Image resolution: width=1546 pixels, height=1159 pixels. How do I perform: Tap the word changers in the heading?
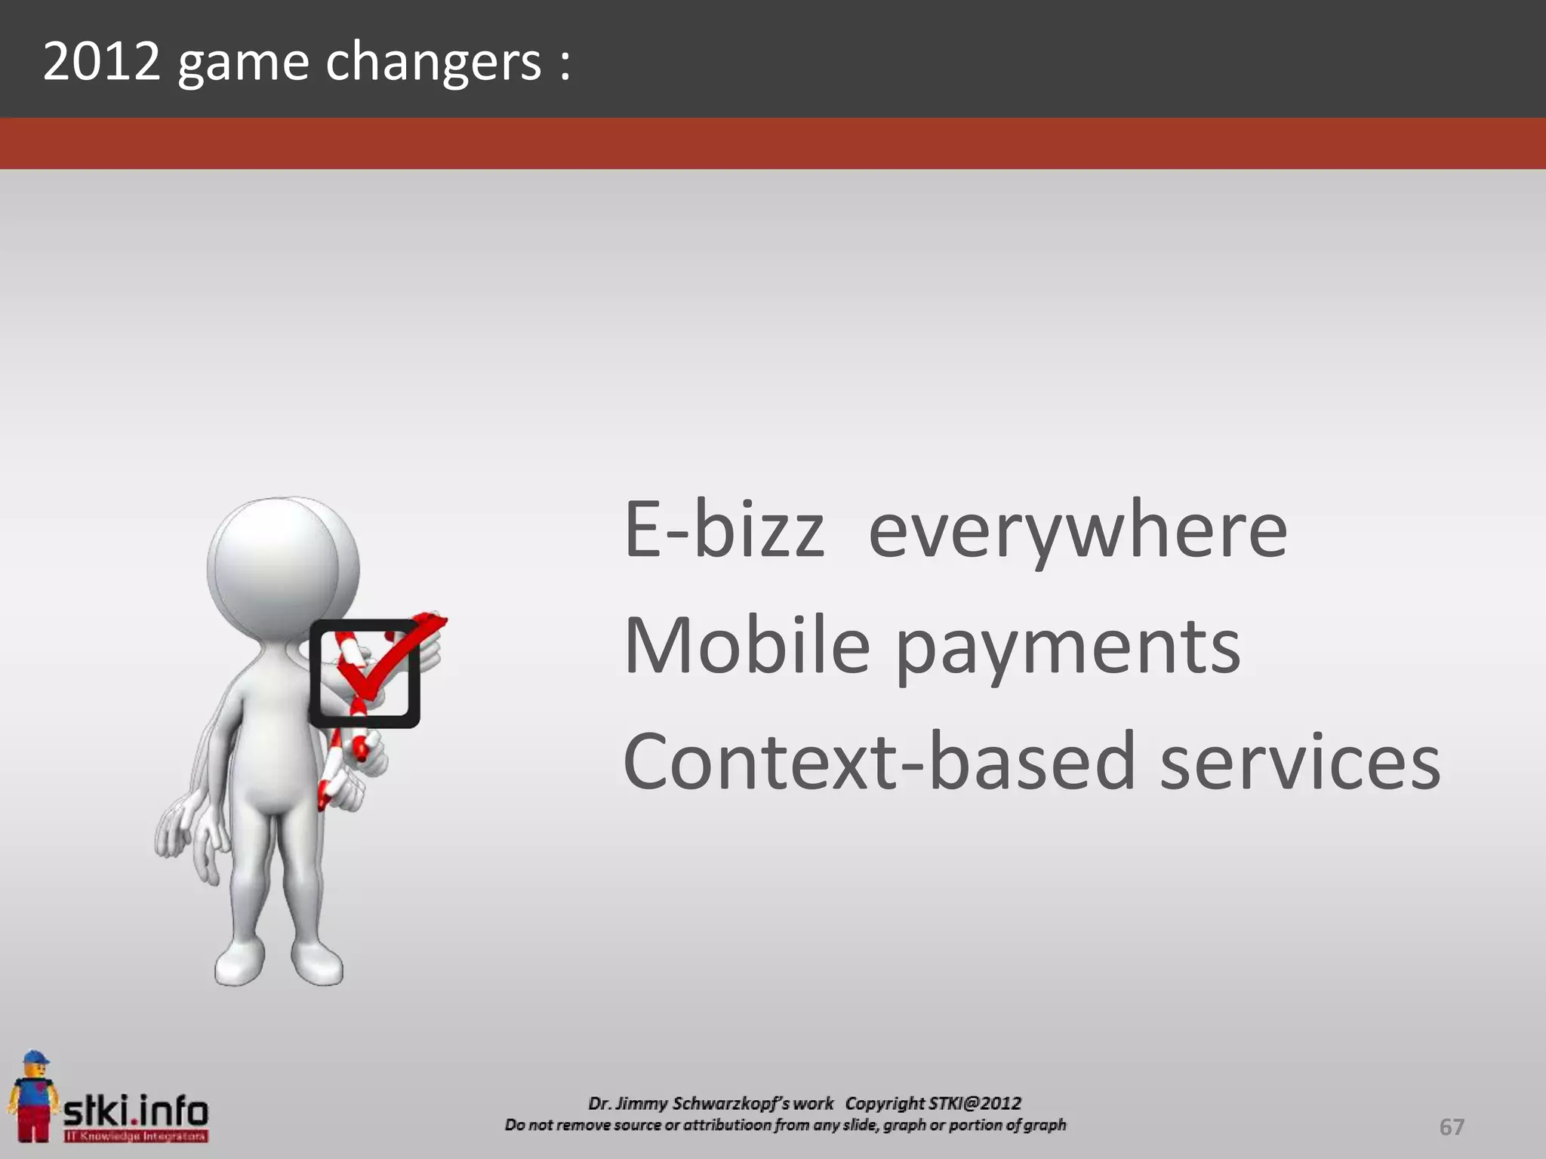[x=433, y=62]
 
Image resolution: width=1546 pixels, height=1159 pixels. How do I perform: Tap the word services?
[x=1300, y=762]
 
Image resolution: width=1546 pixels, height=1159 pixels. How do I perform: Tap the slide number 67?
[x=1451, y=1127]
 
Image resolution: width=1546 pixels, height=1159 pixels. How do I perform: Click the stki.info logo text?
[x=135, y=1111]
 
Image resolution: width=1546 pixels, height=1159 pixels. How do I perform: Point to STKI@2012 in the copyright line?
[x=975, y=1103]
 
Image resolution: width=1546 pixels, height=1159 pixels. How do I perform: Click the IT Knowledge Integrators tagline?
[x=135, y=1136]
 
